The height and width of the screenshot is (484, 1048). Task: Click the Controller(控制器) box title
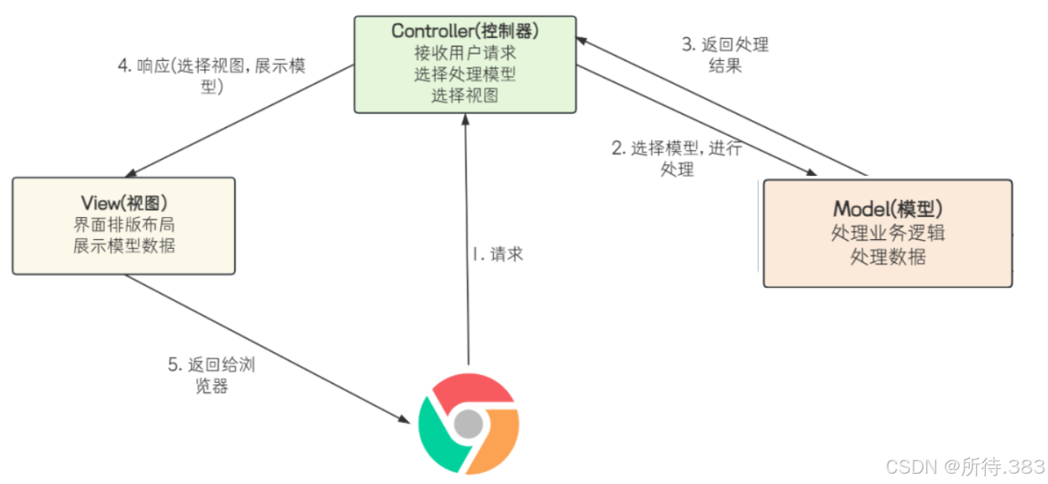pyautogui.click(x=464, y=32)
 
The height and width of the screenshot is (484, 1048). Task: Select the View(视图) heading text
pyautogui.click(x=123, y=203)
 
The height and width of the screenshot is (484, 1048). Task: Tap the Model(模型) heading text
pyautogui.click(x=888, y=209)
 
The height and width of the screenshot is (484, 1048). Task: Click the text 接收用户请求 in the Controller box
pyautogui.click(x=464, y=54)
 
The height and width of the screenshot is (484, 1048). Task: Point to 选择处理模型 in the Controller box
pyautogui.click(x=464, y=75)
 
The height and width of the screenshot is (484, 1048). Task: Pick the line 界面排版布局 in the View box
pyautogui.click(x=123, y=224)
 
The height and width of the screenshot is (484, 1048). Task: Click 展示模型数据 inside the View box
pyautogui.click(x=123, y=246)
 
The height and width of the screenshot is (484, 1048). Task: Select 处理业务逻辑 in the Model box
pyautogui.click(x=888, y=234)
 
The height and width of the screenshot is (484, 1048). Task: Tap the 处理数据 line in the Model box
pyautogui.click(x=888, y=257)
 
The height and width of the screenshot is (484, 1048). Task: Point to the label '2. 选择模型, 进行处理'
pyautogui.click(x=677, y=158)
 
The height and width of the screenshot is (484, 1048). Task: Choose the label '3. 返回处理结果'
pyautogui.click(x=724, y=54)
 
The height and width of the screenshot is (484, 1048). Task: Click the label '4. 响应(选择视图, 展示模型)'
pyautogui.click(x=211, y=76)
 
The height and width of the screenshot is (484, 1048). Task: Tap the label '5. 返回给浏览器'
pyautogui.click(x=211, y=376)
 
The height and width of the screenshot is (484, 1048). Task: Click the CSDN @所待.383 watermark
pyautogui.click(x=964, y=467)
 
